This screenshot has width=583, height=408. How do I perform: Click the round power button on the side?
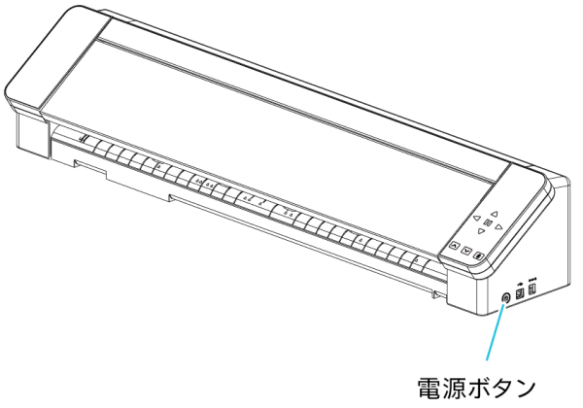pyautogui.click(x=505, y=296)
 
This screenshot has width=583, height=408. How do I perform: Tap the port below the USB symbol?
pyautogui.click(x=520, y=291)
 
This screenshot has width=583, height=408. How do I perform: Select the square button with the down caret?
pyautogui.click(x=466, y=250)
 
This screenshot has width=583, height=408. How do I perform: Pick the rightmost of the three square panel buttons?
pyautogui.click(x=479, y=254)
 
